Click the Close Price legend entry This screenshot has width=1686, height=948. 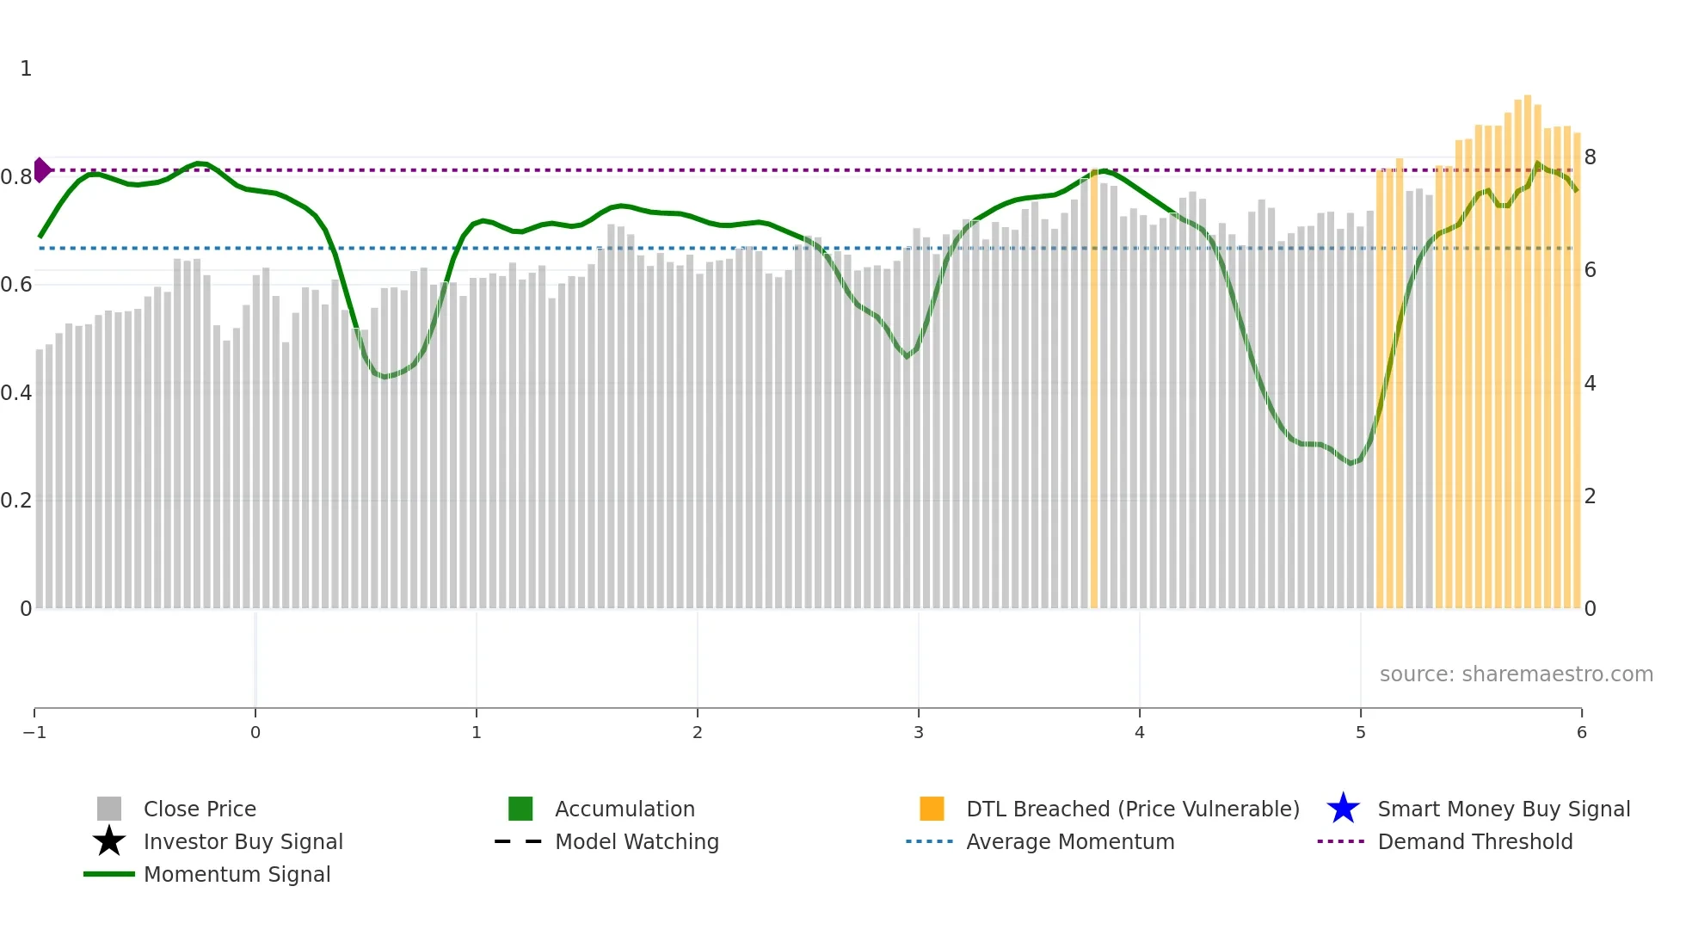[199, 809]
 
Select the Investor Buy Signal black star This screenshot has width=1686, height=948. [109, 841]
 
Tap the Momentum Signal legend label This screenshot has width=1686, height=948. [237, 875]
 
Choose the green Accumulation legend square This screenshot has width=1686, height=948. [520, 809]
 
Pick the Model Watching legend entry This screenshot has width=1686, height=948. [637, 842]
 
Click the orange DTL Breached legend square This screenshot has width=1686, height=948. [932, 809]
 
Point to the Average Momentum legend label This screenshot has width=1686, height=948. [1070, 842]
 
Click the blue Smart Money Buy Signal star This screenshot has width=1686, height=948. [1343, 809]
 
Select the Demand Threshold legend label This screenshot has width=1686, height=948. [1474, 842]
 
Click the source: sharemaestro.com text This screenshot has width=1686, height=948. [1516, 674]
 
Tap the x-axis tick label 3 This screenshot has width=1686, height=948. [919, 733]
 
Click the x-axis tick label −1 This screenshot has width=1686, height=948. [34, 733]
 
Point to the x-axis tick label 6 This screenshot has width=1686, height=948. [1581, 733]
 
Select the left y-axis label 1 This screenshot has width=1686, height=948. [26, 69]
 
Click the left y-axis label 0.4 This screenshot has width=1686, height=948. [16, 393]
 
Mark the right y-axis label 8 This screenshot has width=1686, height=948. [1590, 157]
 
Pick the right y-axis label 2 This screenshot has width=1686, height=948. [1590, 496]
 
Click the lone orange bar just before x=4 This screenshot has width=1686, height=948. [1094, 387]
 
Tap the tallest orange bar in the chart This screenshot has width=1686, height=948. [1528, 344]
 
